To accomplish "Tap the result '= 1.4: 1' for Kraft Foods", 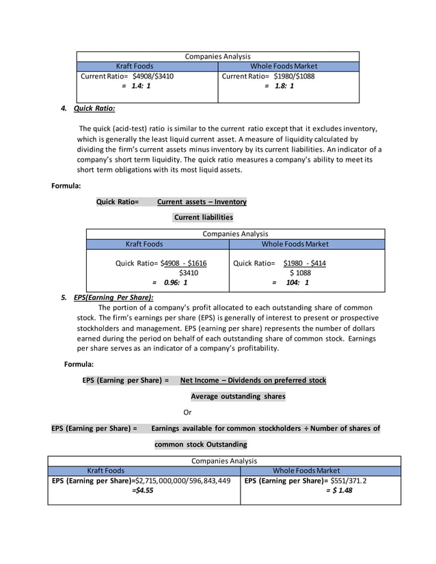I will pyautogui.click(x=136, y=87).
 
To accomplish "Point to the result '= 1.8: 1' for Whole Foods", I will pyautogui.click(x=280, y=87).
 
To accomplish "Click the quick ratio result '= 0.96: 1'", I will pyautogui.click(x=169, y=282).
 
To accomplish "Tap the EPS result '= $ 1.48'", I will pyautogui.click(x=339, y=490).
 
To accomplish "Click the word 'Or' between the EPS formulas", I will pyautogui.click(x=188, y=412).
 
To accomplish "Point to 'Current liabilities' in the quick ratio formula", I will pyautogui.click(x=203, y=218).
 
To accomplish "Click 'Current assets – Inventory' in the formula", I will pyautogui.click(x=202, y=202).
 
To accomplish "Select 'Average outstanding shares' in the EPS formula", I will pyautogui.click(x=238, y=397).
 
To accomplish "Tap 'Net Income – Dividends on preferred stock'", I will pyautogui.click(x=253, y=380).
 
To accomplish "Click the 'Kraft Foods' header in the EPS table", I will pyautogui.click(x=106, y=470).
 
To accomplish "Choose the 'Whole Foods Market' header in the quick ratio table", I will pyautogui.click(x=295, y=244).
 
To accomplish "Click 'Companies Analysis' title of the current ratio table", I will pyautogui.click(x=217, y=56).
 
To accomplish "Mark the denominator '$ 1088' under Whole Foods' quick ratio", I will pyautogui.click(x=299, y=272).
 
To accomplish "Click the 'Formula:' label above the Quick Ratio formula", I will pyautogui.click(x=66, y=186).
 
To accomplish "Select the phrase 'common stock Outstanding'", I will pyautogui.click(x=201, y=445).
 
